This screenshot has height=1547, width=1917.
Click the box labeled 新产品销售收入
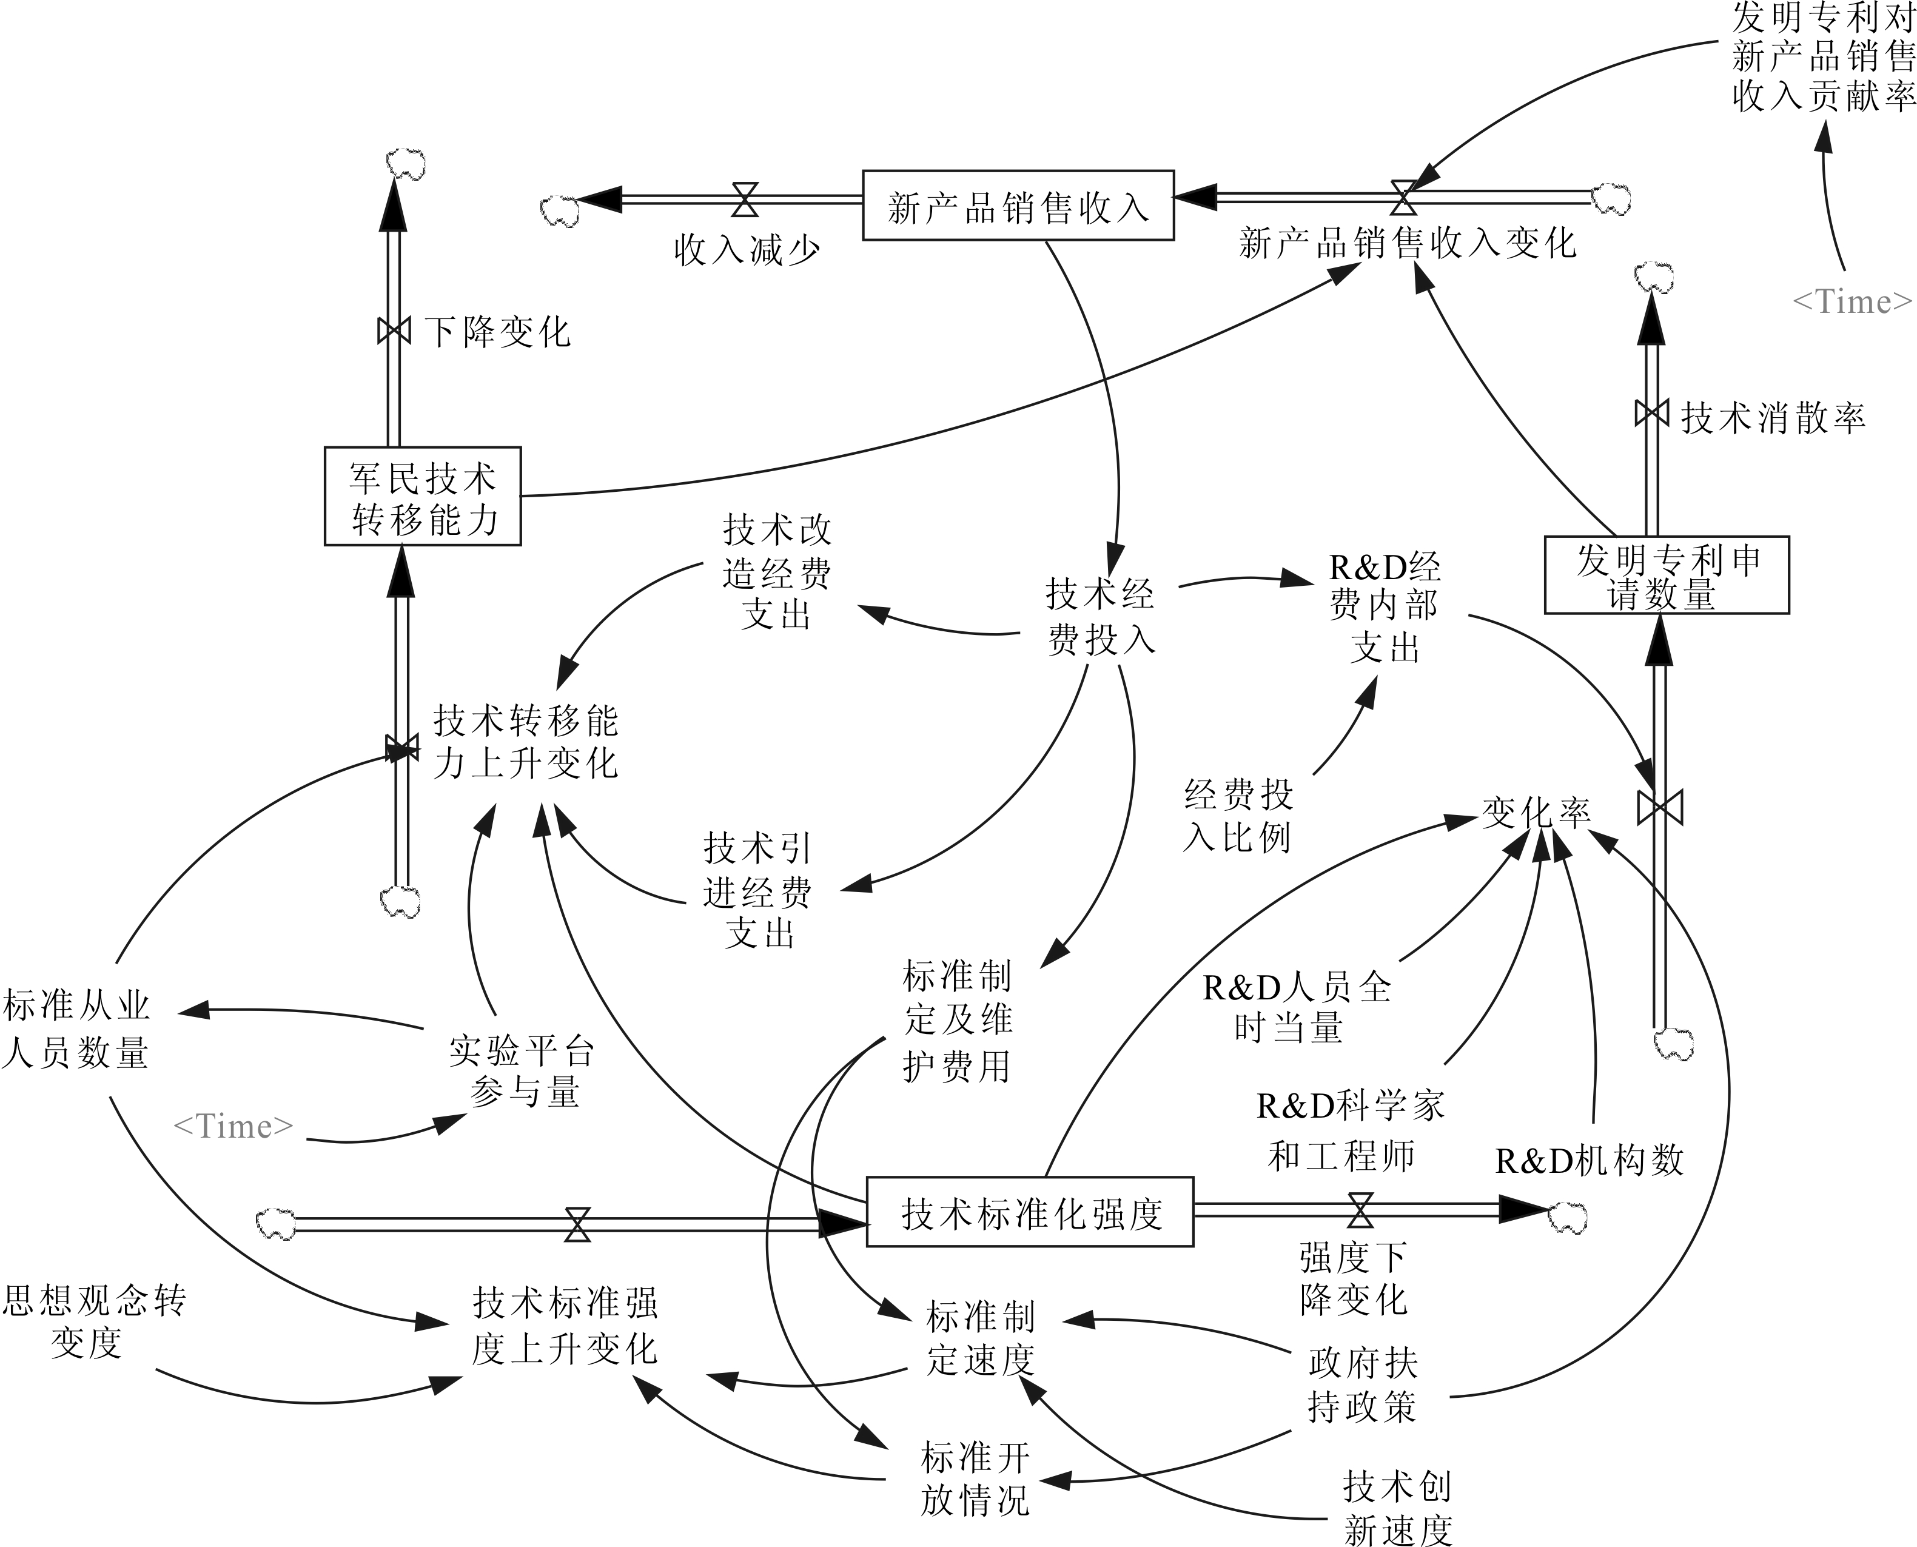1018,206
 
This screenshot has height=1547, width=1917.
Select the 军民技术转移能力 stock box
423,496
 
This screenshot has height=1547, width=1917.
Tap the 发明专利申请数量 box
1667,575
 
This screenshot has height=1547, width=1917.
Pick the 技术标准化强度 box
1030,1212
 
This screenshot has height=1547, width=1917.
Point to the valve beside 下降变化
394,331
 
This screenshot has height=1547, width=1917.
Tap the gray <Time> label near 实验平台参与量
233,1126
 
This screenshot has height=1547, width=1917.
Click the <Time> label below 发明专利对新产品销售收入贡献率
1852,302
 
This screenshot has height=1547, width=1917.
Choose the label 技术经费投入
1101,616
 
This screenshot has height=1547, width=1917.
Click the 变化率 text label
1536,812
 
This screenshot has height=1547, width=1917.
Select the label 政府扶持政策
1361,1386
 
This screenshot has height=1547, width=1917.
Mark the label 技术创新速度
1397,1508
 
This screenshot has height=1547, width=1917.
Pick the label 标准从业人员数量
76,1029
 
